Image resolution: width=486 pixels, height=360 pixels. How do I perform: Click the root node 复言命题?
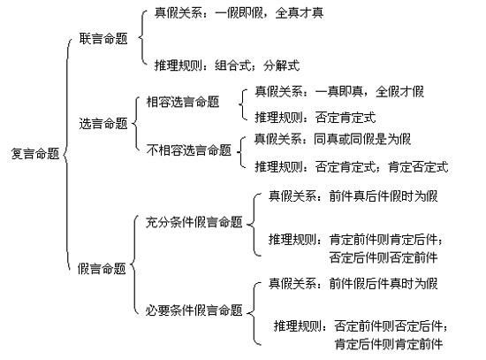tap(35, 154)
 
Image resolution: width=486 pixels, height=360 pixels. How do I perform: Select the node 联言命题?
tap(103, 39)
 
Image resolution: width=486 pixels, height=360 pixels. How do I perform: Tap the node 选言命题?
tap(103, 124)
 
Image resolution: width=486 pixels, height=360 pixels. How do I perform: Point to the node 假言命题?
tap(102, 268)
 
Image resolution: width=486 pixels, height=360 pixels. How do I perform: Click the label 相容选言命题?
tap(183, 102)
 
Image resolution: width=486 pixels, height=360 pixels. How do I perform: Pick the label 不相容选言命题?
tap(189, 150)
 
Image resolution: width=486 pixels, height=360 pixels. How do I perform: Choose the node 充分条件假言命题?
tap(194, 222)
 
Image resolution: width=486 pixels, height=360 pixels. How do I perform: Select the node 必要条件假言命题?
tap(194, 310)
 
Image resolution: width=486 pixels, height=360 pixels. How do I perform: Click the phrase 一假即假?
tap(239, 13)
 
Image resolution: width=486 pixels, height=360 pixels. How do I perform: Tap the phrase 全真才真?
tap(300, 13)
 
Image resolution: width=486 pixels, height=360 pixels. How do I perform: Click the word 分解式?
tap(282, 65)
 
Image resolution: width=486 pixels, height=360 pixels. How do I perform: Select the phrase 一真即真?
tap(339, 92)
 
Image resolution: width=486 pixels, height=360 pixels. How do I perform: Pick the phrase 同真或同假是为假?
tap(362, 139)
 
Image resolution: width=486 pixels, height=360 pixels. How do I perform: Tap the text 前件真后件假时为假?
tap(383, 196)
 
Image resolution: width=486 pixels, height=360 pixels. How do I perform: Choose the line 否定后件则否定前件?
tap(383, 257)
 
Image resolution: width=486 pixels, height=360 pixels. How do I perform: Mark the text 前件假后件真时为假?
tap(383, 284)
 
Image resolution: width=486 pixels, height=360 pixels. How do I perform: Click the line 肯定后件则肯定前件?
tap(389, 344)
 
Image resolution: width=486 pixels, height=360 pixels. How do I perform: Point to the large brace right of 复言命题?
tap(65, 154)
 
